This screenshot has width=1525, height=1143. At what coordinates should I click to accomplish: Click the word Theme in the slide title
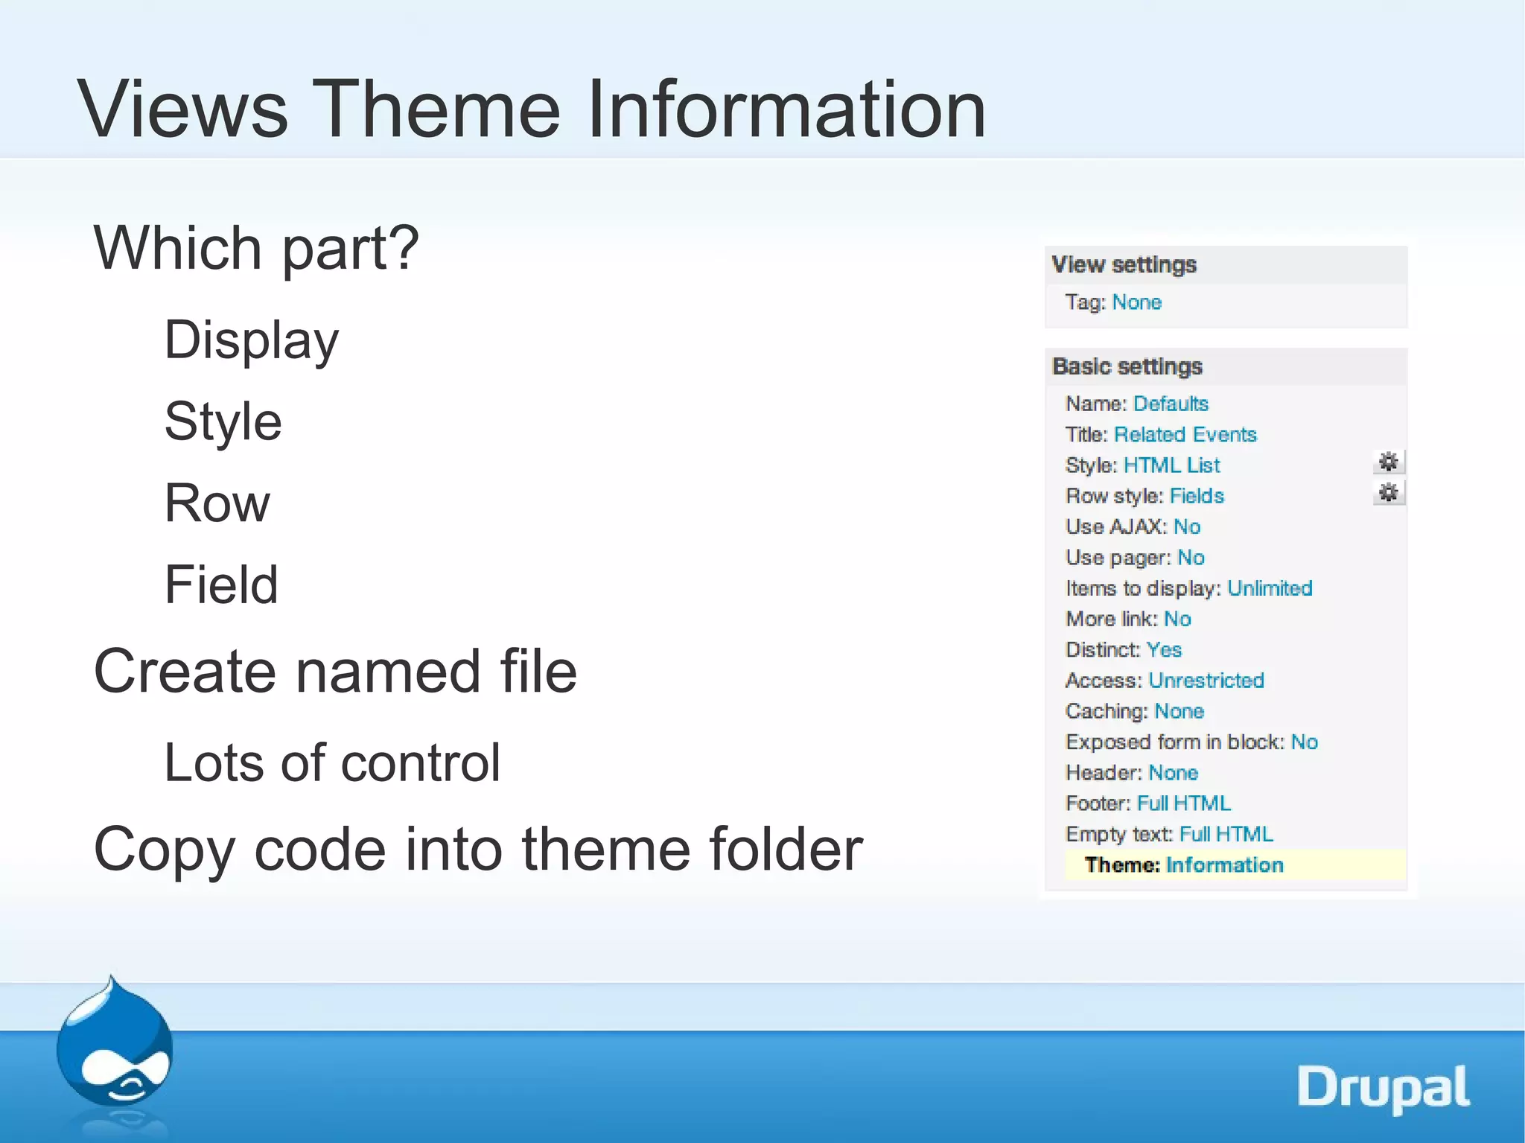[x=436, y=109]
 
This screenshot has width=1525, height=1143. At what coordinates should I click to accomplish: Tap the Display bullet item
[x=252, y=340]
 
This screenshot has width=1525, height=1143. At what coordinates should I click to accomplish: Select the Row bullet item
[x=217, y=503]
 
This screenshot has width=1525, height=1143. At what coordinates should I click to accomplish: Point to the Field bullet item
[x=221, y=585]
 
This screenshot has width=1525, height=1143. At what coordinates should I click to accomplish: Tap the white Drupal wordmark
[x=1383, y=1088]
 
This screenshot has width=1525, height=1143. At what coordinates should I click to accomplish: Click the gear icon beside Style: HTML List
[x=1388, y=462]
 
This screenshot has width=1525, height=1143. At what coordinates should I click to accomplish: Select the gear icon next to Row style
[x=1388, y=493]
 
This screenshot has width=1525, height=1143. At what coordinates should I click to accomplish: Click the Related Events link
[x=1185, y=435]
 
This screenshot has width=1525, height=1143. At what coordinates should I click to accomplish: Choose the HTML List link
[x=1171, y=465]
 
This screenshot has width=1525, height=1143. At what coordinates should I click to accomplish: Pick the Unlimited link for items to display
[x=1270, y=588]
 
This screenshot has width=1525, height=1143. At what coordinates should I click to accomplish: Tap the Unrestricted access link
[x=1206, y=681]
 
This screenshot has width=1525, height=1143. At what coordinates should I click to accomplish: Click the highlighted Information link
[x=1224, y=865]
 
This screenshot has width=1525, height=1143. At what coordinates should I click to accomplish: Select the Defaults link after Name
[x=1171, y=404]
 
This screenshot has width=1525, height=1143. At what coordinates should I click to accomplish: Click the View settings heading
[x=1124, y=265]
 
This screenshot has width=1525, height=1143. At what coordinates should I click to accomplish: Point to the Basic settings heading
[x=1127, y=366]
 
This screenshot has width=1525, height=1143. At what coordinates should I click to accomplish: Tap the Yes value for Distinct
[x=1164, y=650]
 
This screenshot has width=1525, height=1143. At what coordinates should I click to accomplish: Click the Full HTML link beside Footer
[x=1184, y=803]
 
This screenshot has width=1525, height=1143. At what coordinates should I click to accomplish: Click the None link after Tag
[x=1136, y=302]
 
